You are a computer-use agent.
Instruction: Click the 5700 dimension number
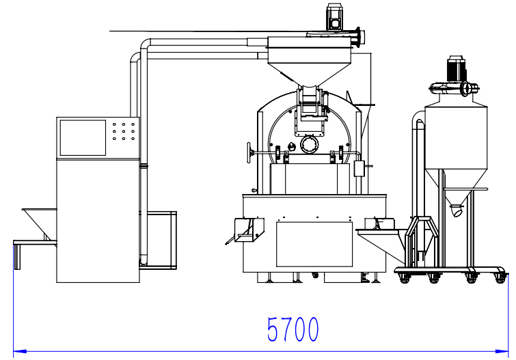click(293, 329)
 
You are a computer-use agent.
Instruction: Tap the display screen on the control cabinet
click(83, 137)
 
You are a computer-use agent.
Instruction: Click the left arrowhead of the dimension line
click(20, 351)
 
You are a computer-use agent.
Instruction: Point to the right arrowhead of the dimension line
click(502, 351)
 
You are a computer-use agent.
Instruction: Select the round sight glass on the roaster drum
click(310, 145)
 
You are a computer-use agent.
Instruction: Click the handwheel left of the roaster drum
click(249, 153)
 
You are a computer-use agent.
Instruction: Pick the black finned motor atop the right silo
click(457, 70)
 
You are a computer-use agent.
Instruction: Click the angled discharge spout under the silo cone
click(457, 210)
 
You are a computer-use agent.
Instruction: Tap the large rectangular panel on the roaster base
click(314, 244)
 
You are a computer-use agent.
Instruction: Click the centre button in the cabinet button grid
click(124, 131)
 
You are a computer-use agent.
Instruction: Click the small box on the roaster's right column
click(359, 169)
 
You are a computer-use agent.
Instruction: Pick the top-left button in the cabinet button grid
click(114, 124)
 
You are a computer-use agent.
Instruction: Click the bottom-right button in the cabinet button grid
click(133, 139)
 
